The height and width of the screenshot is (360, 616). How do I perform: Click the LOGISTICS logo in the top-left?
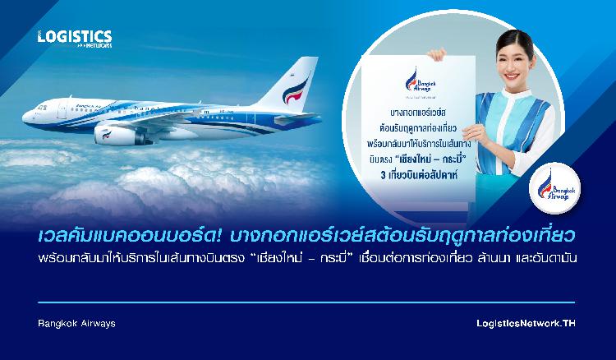(75, 39)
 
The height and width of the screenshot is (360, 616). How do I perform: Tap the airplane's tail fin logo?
(296, 91)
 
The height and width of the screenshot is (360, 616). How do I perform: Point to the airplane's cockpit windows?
(42, 107)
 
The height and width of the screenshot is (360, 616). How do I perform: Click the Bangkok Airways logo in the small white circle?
(554, 188)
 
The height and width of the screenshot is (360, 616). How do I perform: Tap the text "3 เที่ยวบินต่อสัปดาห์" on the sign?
(419, 175)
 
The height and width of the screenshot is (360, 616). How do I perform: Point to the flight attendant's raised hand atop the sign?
(436, 54)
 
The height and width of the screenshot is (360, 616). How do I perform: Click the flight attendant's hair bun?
(517, 35)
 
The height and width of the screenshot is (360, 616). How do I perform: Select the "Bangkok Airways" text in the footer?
(76, 324)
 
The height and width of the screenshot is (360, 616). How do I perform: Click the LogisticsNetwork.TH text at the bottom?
(526, 324)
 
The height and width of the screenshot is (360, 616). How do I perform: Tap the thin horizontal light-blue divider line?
(306, 302)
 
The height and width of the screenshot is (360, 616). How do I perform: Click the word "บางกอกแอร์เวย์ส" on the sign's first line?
(418, 113)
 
